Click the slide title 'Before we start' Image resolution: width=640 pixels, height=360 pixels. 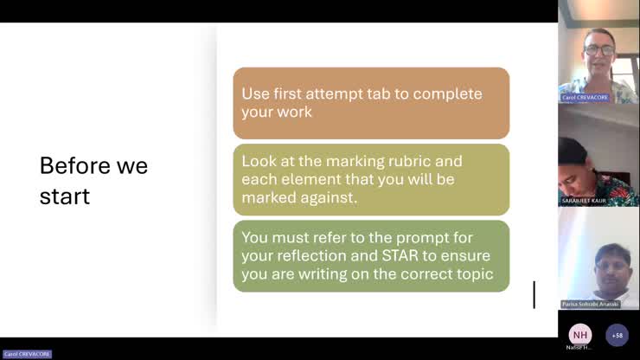coord(93,181)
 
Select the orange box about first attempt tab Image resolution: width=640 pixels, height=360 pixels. coord(371,103)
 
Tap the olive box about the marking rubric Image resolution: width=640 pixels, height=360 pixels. coord(371,179)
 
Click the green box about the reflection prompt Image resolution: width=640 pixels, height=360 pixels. coord(371,255)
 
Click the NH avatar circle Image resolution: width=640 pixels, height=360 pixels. coord(579,335)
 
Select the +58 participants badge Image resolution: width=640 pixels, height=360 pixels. coord(617,335)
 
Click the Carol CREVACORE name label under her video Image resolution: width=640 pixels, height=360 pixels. coord(585,98)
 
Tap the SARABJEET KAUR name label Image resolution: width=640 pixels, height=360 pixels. coord(584,201)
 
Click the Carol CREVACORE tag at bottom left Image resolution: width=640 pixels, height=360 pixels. coord(27,354)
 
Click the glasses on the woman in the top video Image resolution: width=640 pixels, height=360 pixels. coord(598,49)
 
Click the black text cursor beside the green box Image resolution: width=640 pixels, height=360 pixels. coord(534,294)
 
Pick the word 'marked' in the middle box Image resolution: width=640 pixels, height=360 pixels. coord(268,198)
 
